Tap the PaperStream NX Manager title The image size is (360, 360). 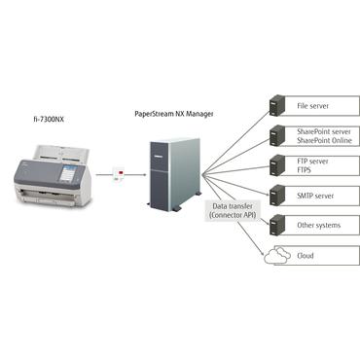[173, 114]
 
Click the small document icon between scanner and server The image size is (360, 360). [120, 176]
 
